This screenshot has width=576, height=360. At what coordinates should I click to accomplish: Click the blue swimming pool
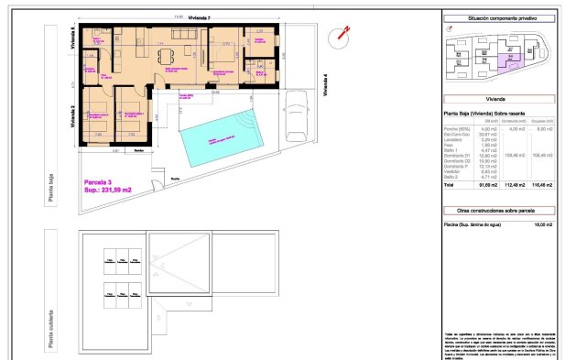click(221, 136)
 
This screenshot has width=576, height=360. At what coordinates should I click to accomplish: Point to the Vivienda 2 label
click(72, 116)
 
